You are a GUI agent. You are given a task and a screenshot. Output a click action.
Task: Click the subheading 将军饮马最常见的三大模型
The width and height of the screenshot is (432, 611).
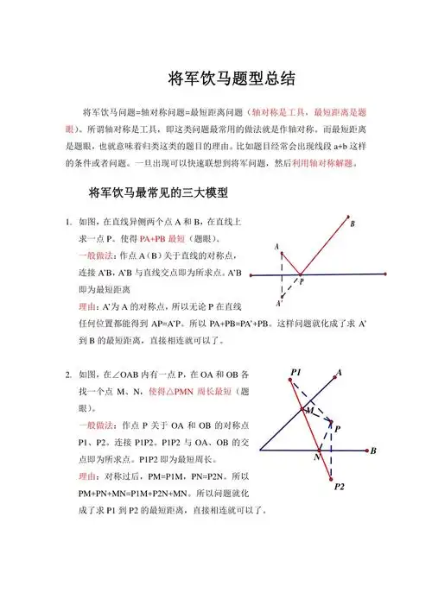tap(151, 191)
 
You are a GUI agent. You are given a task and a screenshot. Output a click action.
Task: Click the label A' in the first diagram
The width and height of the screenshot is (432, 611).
tap(278, 304)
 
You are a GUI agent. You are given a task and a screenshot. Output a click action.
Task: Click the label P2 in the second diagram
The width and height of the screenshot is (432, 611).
tap(339, 488)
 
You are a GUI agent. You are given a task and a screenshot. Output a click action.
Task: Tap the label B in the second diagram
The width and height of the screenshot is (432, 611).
tap(373, 451)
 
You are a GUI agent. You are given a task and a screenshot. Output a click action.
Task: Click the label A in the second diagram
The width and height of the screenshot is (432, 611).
tap(339, 373)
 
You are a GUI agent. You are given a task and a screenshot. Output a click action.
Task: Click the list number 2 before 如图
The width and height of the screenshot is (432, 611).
tap(68, 375)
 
